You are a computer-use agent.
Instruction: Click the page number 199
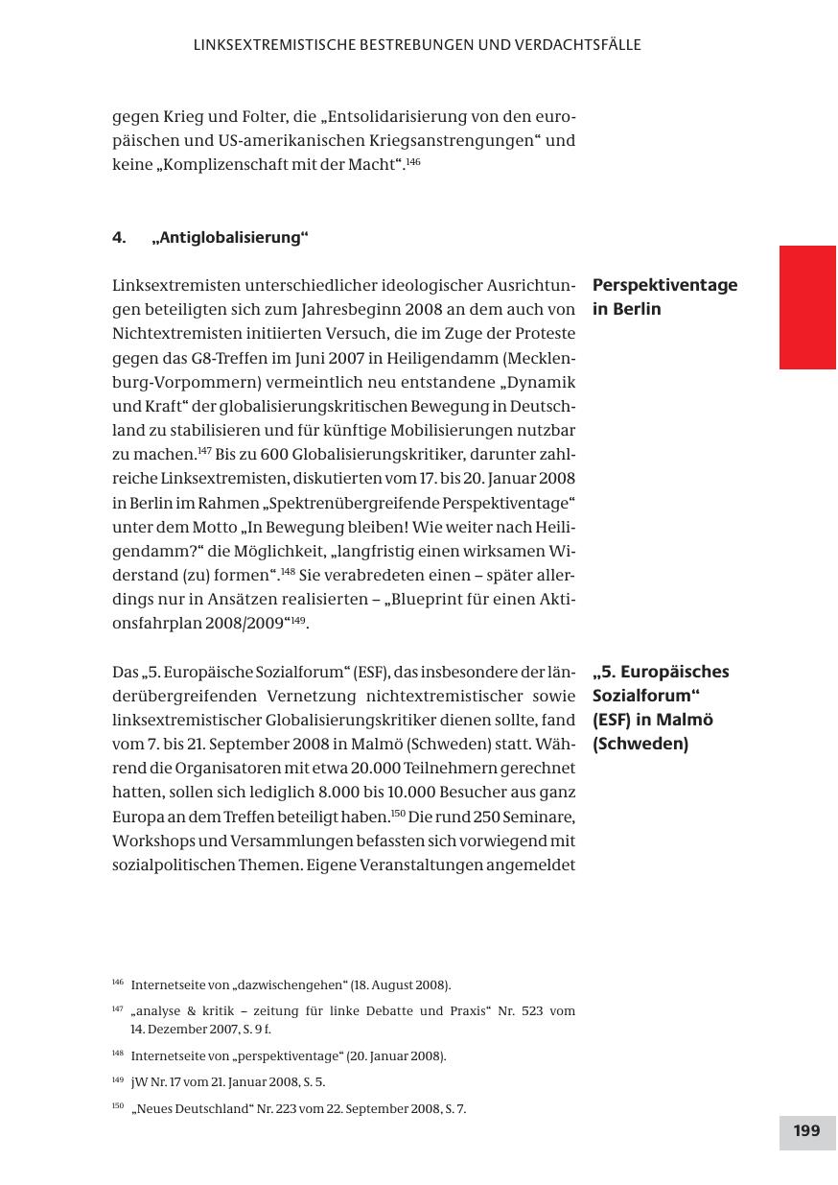click(x=807, y=1131)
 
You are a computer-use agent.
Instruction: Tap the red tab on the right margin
click(x=807, y=307)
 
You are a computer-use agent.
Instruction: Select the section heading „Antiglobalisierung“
click(x=230, y=237)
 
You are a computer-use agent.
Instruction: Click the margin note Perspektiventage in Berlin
click(x=664, y=296)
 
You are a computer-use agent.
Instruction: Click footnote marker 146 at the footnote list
click(x=118, y=983)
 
